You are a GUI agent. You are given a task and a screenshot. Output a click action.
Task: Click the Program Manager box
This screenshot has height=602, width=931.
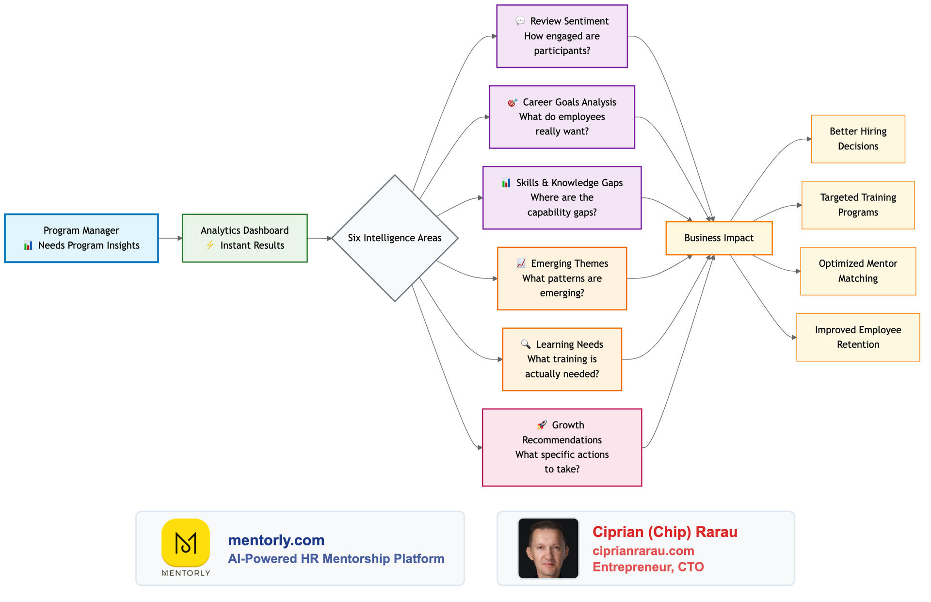tap(81, 238)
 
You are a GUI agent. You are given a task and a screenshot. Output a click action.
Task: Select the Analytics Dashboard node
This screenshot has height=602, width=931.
tap(244, 238)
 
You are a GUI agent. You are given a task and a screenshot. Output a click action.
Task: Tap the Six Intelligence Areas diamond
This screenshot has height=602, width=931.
tap(395, 238)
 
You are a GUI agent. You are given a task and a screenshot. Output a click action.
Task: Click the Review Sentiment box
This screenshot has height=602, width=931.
tap(562, 36)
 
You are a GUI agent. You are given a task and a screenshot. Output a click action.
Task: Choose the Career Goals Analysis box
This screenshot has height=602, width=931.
tap(562, 117)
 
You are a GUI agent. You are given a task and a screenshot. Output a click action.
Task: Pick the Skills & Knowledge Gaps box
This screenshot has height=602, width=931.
tap(562, 197)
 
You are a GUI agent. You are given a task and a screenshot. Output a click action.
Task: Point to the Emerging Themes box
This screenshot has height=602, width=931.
tap(562, 278)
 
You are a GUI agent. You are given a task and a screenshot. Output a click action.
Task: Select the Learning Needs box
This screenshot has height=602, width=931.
tap(562, 359)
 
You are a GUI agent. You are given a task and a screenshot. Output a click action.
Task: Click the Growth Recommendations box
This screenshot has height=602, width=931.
tap(562, 447)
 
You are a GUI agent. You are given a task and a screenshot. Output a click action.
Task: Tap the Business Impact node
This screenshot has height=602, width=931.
tap(719, 238)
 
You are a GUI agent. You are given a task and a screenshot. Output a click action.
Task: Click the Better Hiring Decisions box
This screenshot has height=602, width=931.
tap(858, 139)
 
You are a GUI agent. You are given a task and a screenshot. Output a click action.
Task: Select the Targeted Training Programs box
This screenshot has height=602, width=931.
tap(858, 205)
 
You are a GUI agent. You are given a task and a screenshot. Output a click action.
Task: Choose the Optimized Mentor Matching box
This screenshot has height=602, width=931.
tap(858, 271)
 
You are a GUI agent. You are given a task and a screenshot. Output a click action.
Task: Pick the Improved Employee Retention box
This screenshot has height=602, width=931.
tap(858, 337)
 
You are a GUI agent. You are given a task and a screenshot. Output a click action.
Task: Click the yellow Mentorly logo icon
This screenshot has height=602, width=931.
tap(186, 543)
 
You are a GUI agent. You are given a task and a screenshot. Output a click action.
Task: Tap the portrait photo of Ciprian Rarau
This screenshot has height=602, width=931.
tap(548, 548)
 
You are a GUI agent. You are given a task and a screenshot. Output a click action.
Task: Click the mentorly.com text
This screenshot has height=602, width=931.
tap(276, 540)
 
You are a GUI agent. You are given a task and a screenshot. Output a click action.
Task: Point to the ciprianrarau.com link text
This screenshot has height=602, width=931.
tap(643, 551)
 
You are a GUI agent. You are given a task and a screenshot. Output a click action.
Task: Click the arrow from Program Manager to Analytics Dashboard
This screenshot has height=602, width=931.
tap(170, 238)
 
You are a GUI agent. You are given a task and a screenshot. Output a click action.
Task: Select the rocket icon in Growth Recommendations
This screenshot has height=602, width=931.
tap(542, 425)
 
